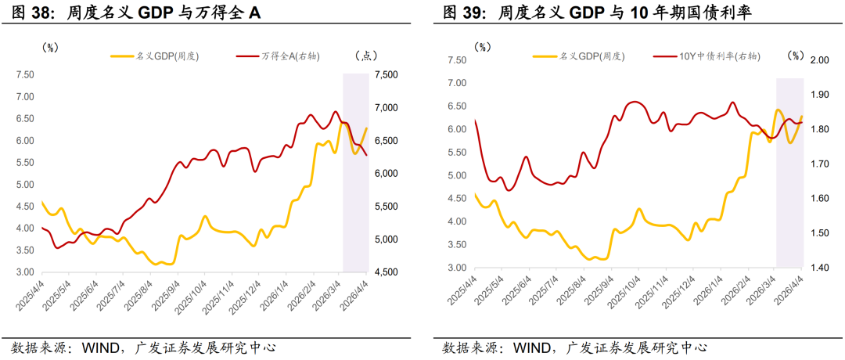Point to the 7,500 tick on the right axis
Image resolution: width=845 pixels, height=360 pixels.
387,75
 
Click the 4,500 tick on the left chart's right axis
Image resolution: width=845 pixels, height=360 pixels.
387,272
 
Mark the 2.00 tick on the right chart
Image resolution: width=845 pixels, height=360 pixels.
819,60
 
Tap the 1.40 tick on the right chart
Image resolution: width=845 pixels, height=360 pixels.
819,268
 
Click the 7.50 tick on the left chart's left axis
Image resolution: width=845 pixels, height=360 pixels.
25,75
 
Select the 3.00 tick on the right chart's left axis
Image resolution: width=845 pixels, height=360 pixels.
456,268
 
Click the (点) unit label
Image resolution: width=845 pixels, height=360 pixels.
366,56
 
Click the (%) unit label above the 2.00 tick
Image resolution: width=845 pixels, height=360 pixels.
796,56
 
